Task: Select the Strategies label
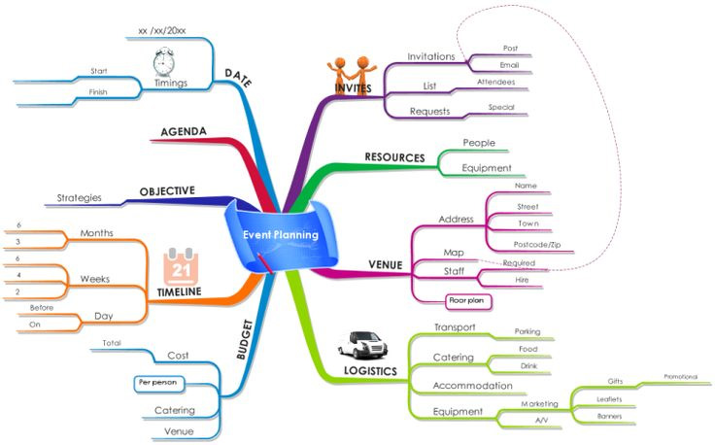point(80,198)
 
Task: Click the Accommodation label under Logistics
point(472,385)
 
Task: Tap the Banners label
point(610,416)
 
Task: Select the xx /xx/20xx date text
point(162,30)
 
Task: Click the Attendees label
point(495,83)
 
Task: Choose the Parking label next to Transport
point(528,331)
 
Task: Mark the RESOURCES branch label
point(394,156)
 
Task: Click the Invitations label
point(431,56)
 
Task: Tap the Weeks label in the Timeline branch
point(94,279)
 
